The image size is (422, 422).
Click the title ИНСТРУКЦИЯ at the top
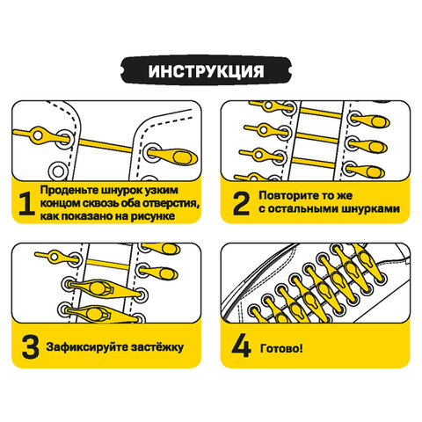[210, 69]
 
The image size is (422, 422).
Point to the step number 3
[29, 346]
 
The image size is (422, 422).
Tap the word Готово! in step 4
[282, 346]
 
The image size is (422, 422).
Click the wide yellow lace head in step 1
[178, 158]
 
